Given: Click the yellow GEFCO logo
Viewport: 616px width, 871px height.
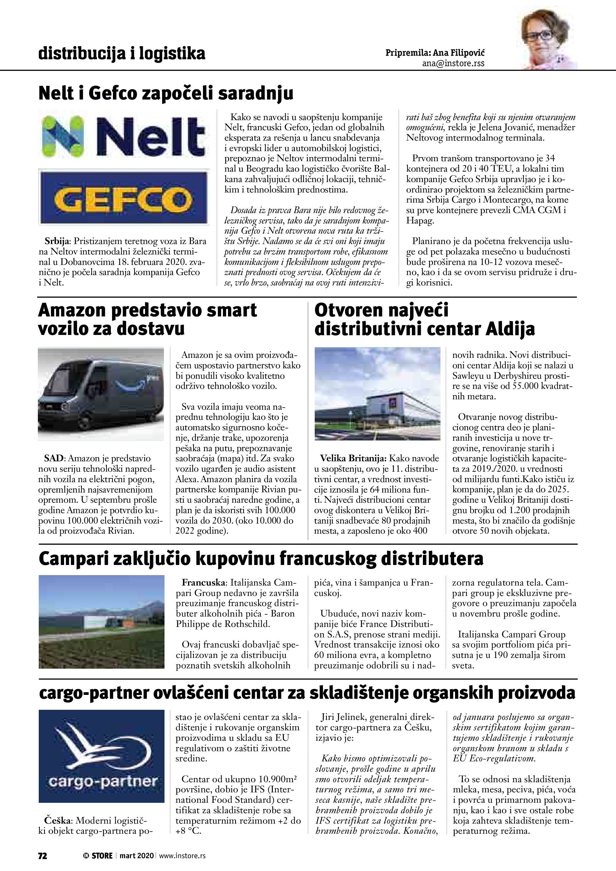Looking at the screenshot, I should (x=124, y=198).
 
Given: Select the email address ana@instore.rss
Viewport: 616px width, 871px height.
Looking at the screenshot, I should (x=453, y=63).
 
